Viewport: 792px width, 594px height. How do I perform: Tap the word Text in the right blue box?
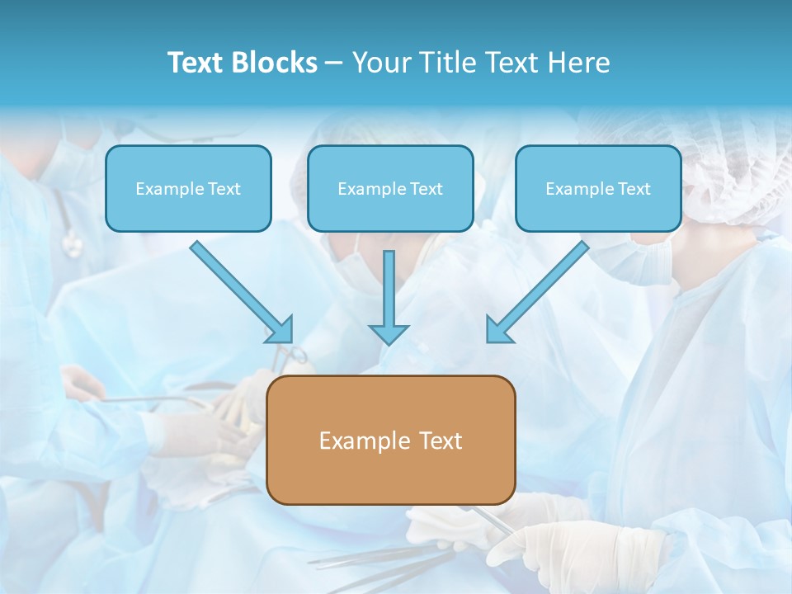point(634,189)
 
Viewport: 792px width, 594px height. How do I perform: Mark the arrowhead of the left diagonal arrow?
point(280,329)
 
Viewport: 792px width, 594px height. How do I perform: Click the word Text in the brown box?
point(439,441)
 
